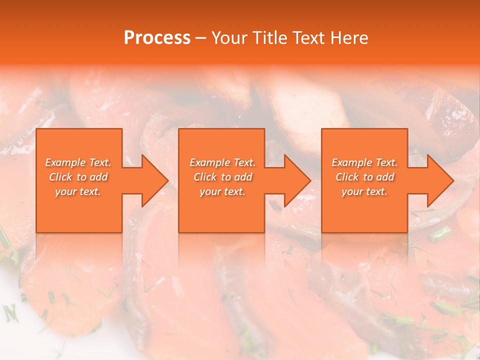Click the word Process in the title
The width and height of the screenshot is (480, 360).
pyautogui.click(x=157, y=38)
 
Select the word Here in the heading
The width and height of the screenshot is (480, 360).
pyautogui.click(x=350, y=38)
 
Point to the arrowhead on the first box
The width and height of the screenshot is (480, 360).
pyautogui.click(x=150, y=180)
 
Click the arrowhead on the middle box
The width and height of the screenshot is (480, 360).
pyautogui.click(x=293, y=180)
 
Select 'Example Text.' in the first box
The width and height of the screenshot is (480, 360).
pyautogui.click(x=78, y=162)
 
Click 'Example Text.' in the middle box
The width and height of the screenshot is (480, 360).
pyautogui.click(x=222, y=162)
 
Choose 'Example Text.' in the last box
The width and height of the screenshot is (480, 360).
pyautogui.click(x=364, y=162)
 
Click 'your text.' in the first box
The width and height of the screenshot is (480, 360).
pyautogui.click(x=78, y=191)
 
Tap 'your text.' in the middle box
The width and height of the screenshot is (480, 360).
pyautogui.click(x=222, y=191)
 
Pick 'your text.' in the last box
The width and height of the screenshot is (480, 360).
pyautogui.click(x=364, y=191)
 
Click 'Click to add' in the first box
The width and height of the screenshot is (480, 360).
pyautogui.click(x=78, y=177)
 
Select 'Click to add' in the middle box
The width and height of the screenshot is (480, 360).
pyautogui.click(x=222, y=177)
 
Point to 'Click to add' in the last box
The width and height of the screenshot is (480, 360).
pyautogui.click(x=365, y=177)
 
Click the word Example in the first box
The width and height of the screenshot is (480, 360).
pyautogui.click(x=65, y=162)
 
